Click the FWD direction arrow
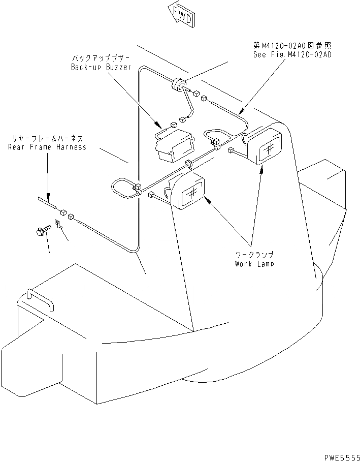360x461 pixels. click(x=179, y=14)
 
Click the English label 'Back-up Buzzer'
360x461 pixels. click(x=101, y=67)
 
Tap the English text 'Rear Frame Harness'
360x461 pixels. click(x=47, y=147)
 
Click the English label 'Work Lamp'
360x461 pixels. click(x=254, y=264)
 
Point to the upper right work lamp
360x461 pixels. click(x=264, y=146)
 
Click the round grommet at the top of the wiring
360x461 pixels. click(x=178, y=84)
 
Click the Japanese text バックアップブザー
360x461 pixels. click(x=102, y=58)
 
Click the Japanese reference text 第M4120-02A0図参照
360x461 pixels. click(x=292, y=45)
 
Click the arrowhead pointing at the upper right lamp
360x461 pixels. click(x=262, y=171)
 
